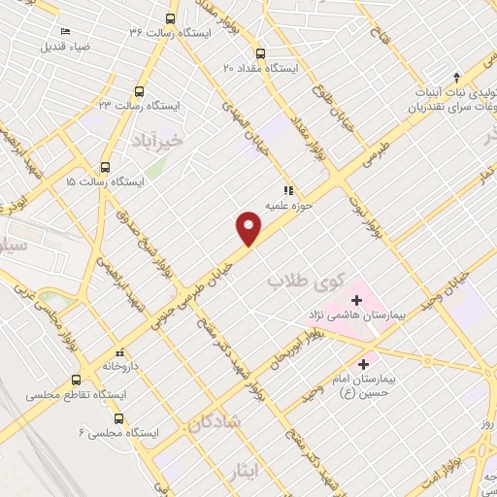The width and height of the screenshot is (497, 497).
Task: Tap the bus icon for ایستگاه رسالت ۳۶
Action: (171, 19)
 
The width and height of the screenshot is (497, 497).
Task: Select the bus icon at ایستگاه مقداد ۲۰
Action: (259, 54)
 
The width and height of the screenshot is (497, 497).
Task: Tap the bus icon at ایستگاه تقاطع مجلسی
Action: (78, 381)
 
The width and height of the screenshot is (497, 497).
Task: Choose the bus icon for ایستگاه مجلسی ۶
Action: (118, 419)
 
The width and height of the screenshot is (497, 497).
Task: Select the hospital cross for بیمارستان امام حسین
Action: (364, 365)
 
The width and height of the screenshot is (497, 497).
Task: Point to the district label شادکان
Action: (208, 424)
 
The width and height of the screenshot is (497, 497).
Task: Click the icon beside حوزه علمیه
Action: (286, 190)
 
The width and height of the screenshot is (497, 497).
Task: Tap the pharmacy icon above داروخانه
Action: (120, 353)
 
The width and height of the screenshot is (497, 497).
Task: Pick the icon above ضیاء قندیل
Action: (64, 32)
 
